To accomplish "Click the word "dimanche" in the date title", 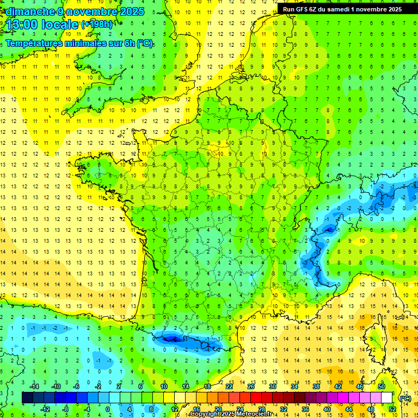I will click(27, 11).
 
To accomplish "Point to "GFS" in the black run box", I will click(304, 9).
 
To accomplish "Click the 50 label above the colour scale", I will click(382, 386).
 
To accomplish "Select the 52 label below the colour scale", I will click(392, 409).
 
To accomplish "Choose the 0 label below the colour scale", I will click(108, 409).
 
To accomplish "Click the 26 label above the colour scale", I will click(250, 386).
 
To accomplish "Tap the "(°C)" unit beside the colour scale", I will click(405, 398).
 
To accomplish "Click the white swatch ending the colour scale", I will click(387, 398).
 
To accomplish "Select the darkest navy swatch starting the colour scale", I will click(27, 398).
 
